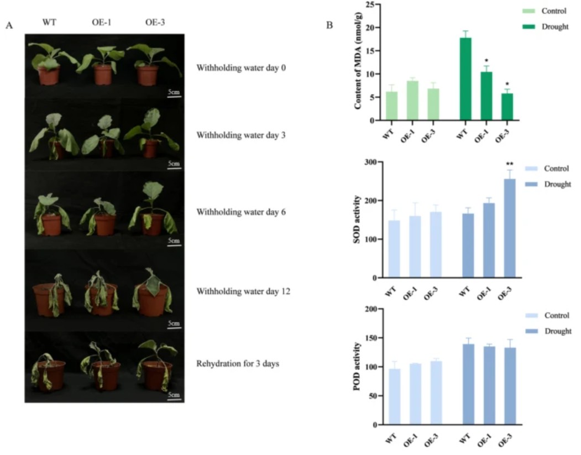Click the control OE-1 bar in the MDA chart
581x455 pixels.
point(412,101)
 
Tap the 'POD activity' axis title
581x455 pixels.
point(358,367)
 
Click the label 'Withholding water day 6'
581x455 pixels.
point(241,212)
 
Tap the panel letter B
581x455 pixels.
point(330,25)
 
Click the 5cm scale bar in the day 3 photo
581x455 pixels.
point(174,167)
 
